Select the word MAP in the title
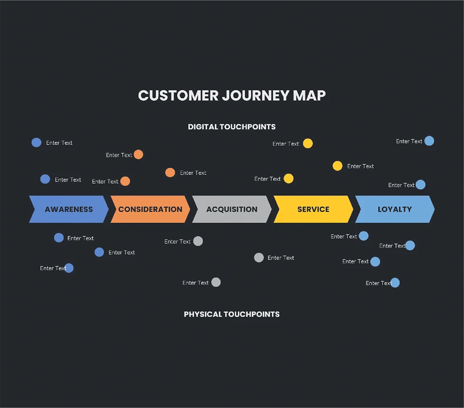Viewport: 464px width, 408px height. (309, 95)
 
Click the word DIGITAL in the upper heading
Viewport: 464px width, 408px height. (203, 127)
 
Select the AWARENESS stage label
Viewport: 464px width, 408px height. (69, 209)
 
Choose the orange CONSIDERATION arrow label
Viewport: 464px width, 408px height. (150, 209)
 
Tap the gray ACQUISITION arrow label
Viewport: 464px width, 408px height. (232, 209)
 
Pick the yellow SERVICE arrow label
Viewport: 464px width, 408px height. (313, 209)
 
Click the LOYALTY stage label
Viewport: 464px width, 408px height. (394, 209)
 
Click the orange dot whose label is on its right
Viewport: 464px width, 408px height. (170, 172)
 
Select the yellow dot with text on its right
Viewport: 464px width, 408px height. (338, 166)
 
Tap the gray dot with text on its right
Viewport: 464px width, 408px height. (259, 257)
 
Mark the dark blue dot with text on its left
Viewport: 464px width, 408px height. (69, 268)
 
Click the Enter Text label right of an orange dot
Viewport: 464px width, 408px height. (193, 173)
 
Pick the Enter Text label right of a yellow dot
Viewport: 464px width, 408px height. (360, 166)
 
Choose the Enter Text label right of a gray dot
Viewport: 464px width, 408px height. (281, 258)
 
